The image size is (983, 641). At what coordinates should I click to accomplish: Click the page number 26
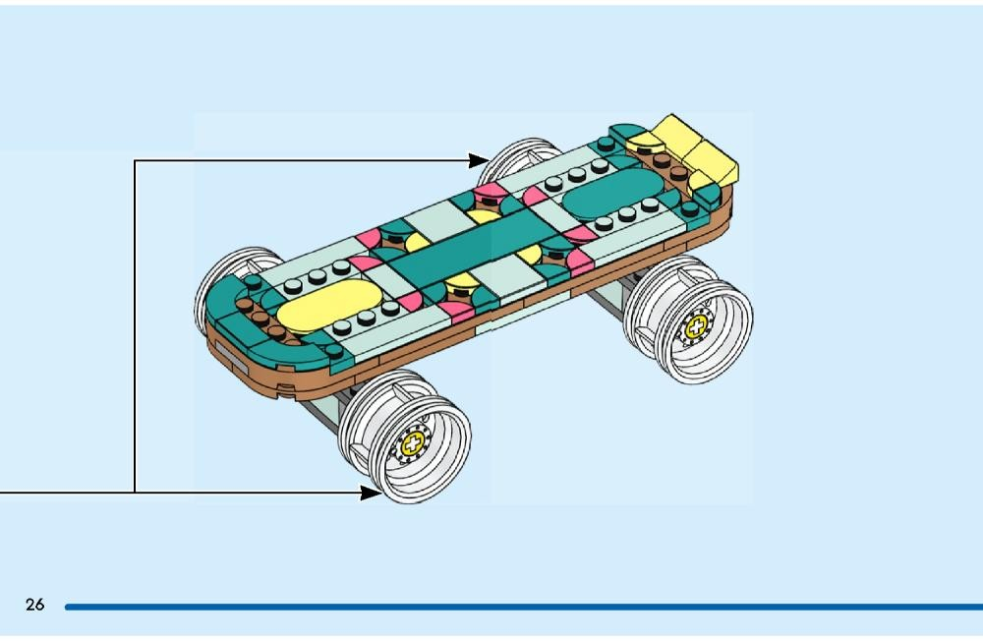tap(35, 604)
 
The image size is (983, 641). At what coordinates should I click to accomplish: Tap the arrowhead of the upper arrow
tap(479, 160)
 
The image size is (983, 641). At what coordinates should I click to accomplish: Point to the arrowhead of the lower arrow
tap(371, 493)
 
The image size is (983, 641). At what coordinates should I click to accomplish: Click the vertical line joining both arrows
tap(134, 326)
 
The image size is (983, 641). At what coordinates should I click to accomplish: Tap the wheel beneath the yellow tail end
tap(688, 319)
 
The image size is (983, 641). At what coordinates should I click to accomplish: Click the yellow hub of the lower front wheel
tap(413, 444)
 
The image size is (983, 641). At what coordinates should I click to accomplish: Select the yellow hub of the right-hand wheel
tap(696, 326)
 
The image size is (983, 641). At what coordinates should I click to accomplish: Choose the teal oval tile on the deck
tap(612, 194)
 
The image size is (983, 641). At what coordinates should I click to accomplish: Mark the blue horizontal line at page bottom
tap(524, 608)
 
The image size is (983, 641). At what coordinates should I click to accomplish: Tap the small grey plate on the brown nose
tap(231, 355)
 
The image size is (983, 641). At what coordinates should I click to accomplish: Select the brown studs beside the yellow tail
tap(668, 165)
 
